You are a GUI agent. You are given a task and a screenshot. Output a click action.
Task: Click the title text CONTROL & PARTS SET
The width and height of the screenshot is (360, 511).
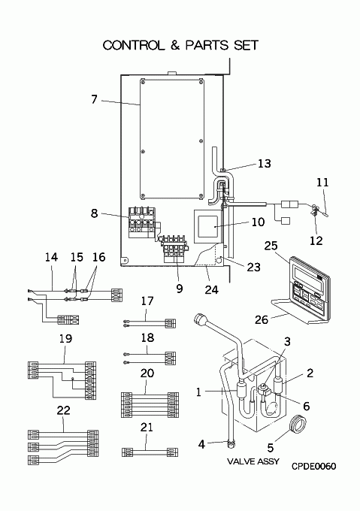[x=180, y=45]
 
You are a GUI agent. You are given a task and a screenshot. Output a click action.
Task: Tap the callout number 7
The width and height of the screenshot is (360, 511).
[x=94, y=99]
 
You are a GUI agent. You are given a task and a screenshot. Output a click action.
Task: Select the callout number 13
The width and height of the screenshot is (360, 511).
[x=265, y=163]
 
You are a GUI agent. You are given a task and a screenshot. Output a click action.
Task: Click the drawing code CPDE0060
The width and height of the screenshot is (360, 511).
[x=313, y=467]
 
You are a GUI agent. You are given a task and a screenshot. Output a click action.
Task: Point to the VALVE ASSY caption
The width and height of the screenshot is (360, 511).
[x=253, y=461]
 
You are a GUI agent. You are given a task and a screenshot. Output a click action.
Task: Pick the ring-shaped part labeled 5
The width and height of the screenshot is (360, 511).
[x=298, y=425]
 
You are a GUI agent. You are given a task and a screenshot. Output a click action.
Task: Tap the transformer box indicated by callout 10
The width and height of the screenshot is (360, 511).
[x=206, y=227]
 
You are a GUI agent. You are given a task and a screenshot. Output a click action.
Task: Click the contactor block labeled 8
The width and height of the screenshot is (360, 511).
[x=142, y=223]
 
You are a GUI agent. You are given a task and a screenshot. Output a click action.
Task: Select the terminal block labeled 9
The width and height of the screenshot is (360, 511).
[x=175, y=249]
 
